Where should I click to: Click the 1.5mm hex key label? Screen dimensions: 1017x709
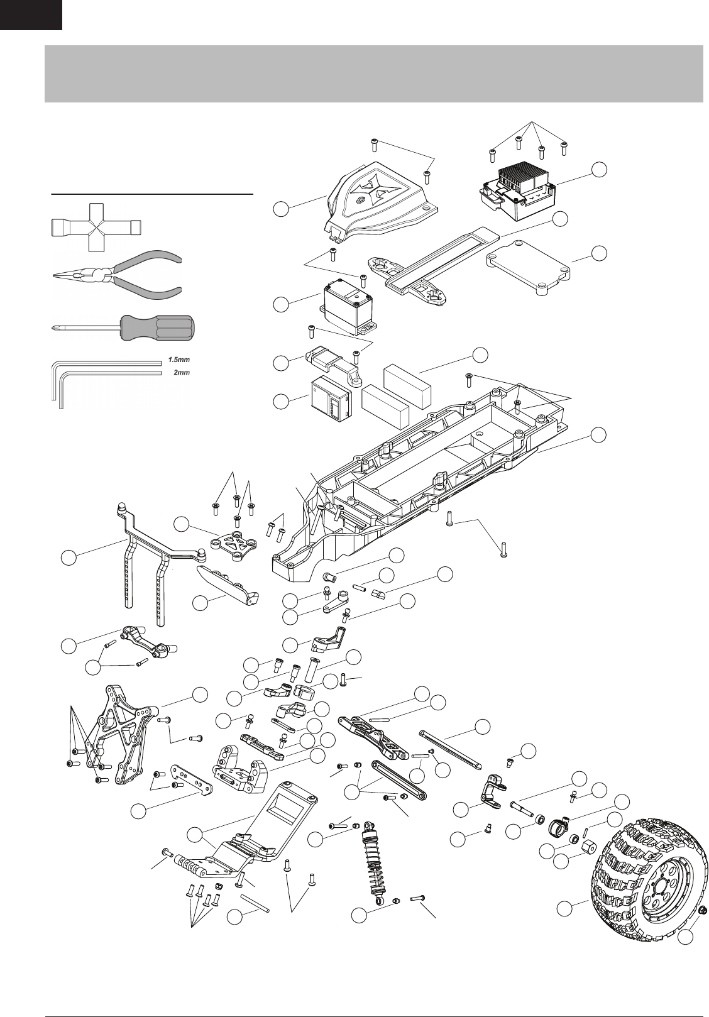178,361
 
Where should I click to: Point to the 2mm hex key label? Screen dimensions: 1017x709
181,373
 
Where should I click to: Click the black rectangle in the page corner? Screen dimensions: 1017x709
31,14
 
